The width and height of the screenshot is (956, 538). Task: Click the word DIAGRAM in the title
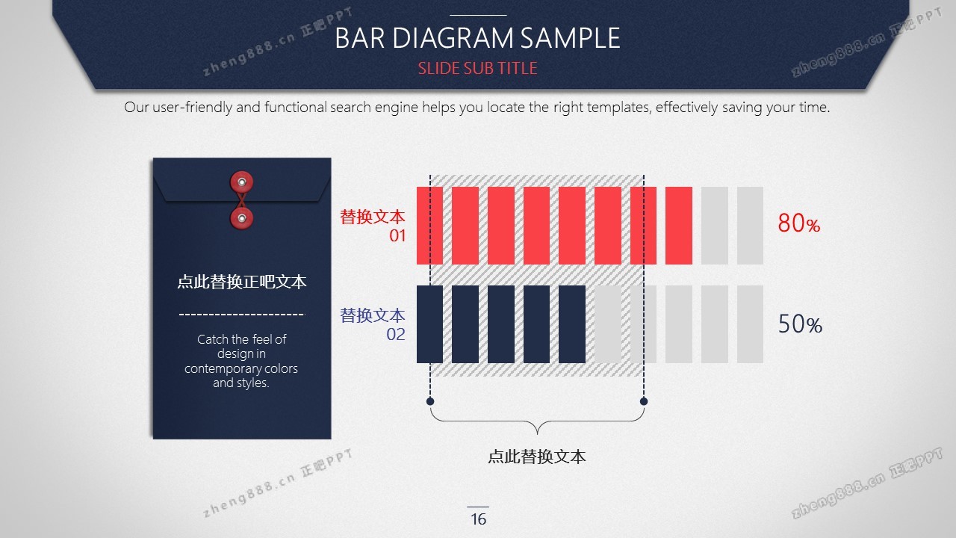[453, 37]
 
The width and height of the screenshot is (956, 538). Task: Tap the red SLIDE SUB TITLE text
[477, 68]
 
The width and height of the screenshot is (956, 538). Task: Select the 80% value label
[798, 223]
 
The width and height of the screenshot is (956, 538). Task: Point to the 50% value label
[800, 324]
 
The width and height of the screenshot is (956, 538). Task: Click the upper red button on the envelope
[241, 182]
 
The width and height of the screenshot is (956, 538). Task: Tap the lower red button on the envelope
[241, 218]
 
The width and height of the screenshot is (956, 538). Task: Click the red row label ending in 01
[373, 226]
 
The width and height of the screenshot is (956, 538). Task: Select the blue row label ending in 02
[373, 324]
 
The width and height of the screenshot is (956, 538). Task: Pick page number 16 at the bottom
[478, 519]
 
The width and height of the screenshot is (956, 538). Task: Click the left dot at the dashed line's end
[429, 401]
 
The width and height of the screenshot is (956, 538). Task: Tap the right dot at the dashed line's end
[644, 401]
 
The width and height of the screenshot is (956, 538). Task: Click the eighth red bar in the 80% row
[679, 226]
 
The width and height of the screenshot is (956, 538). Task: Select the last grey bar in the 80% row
[750, 226]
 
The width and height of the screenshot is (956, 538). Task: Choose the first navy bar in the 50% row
[429, 324]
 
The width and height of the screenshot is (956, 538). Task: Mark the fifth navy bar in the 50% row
[572, 324]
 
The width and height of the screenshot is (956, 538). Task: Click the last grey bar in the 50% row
[750, 324]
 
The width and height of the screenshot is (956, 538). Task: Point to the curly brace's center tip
[537, 434]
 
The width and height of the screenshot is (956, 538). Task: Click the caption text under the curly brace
[536, 457]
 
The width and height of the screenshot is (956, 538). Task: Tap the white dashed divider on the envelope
[242, 315]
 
